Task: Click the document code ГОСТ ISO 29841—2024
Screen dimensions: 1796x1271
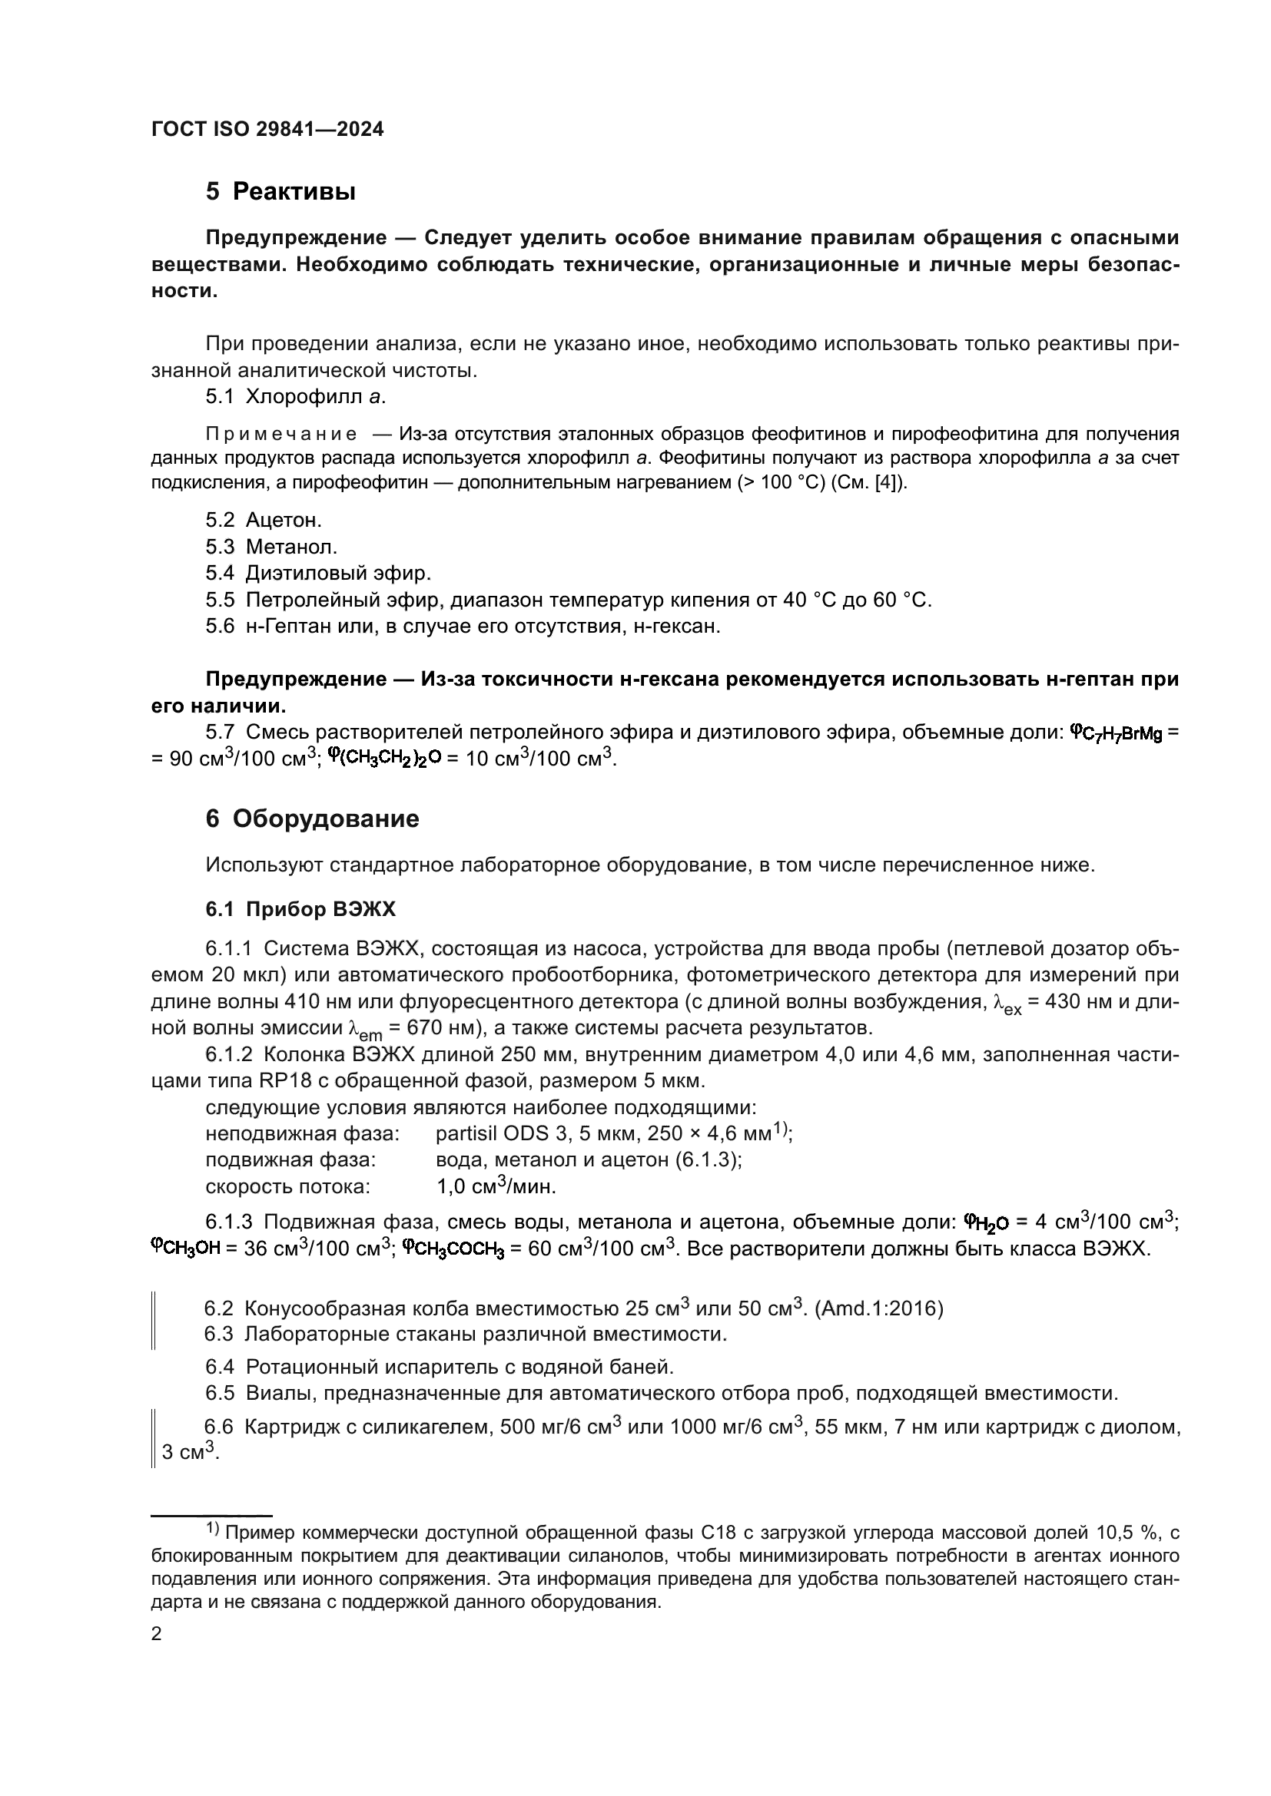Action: pyautogui.click(x=267, y=130)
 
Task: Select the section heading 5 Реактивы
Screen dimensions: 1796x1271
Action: pyautogui.click(x=280, y=192)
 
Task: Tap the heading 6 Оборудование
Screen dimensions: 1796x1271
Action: pyautogui.click(x=312, y=819)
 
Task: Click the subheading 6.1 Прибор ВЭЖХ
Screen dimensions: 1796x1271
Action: pyautogui.click(x=300, y=909)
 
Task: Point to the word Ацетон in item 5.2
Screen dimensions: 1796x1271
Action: pyautogui.click(x=284, y=520)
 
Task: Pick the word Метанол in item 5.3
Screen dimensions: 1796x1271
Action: pyautogui.click(x=291, y=547)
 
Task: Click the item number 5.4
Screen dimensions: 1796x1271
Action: pyautogui.click(x=220, y=574)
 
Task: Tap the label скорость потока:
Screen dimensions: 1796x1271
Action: pyautogui.click(x=287, y=1186)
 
